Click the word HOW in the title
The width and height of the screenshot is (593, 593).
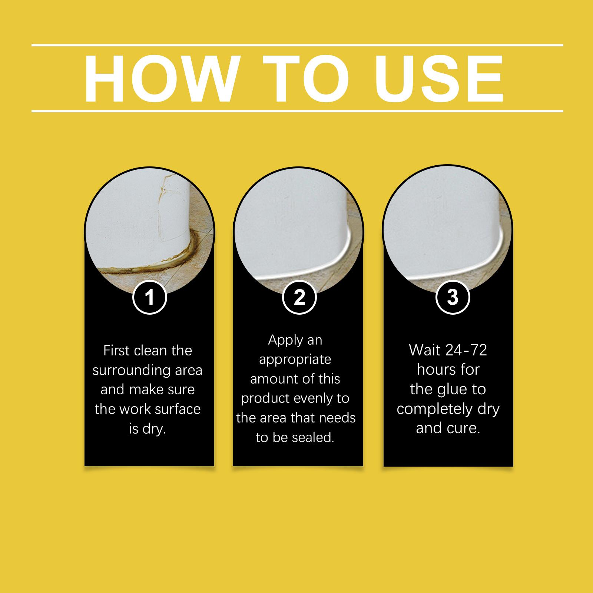160,79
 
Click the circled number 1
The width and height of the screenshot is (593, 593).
149,297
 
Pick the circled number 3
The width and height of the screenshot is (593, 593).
452,297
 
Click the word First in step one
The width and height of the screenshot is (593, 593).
116,351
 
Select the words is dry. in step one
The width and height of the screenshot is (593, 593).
147,429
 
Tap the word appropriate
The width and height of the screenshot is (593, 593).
295,360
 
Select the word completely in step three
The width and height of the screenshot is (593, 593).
434,409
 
